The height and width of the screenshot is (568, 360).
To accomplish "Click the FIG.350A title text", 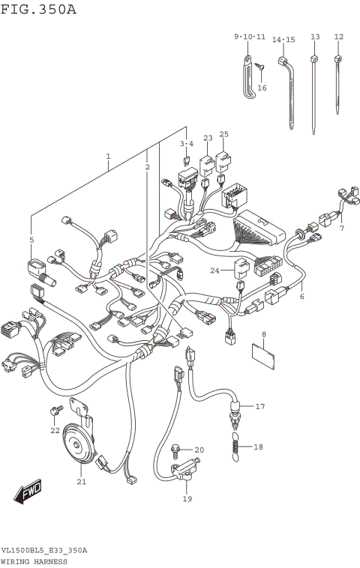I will click(38, 9).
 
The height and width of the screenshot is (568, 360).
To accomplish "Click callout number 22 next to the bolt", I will click(54, 430).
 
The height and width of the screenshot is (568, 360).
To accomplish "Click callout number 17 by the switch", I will click(259, 407).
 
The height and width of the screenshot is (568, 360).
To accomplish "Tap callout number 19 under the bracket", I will click(187, 499).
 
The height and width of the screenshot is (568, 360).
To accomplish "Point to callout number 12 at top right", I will click(338, 37).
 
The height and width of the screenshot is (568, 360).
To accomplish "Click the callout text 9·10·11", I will click(250, 37).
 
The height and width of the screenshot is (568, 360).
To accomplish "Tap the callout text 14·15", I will click(283, 40).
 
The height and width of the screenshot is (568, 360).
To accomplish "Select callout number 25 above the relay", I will click(223, 135).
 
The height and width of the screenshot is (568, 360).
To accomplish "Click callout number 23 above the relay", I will click(208, 138).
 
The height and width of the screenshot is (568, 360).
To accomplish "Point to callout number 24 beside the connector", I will click(214, 270).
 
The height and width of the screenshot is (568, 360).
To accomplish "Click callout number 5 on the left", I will click(31, 240).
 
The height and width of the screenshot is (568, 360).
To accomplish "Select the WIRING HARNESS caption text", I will click(34, 560).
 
